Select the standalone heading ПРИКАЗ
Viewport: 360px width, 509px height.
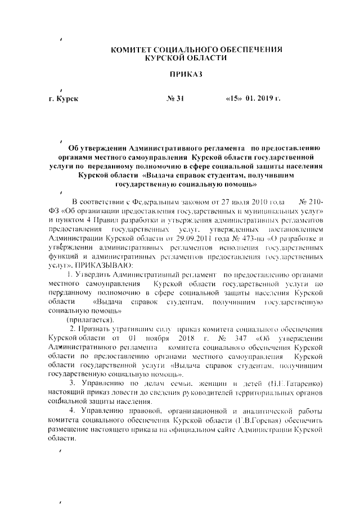pyautogui.click(x=185, y=74)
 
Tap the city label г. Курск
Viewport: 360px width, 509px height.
pyautogui.click(x=64, y=98)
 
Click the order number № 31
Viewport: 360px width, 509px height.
pyautogui.click(x=175, y=98)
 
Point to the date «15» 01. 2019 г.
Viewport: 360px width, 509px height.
pyautogui.click(x=253, y=98)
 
